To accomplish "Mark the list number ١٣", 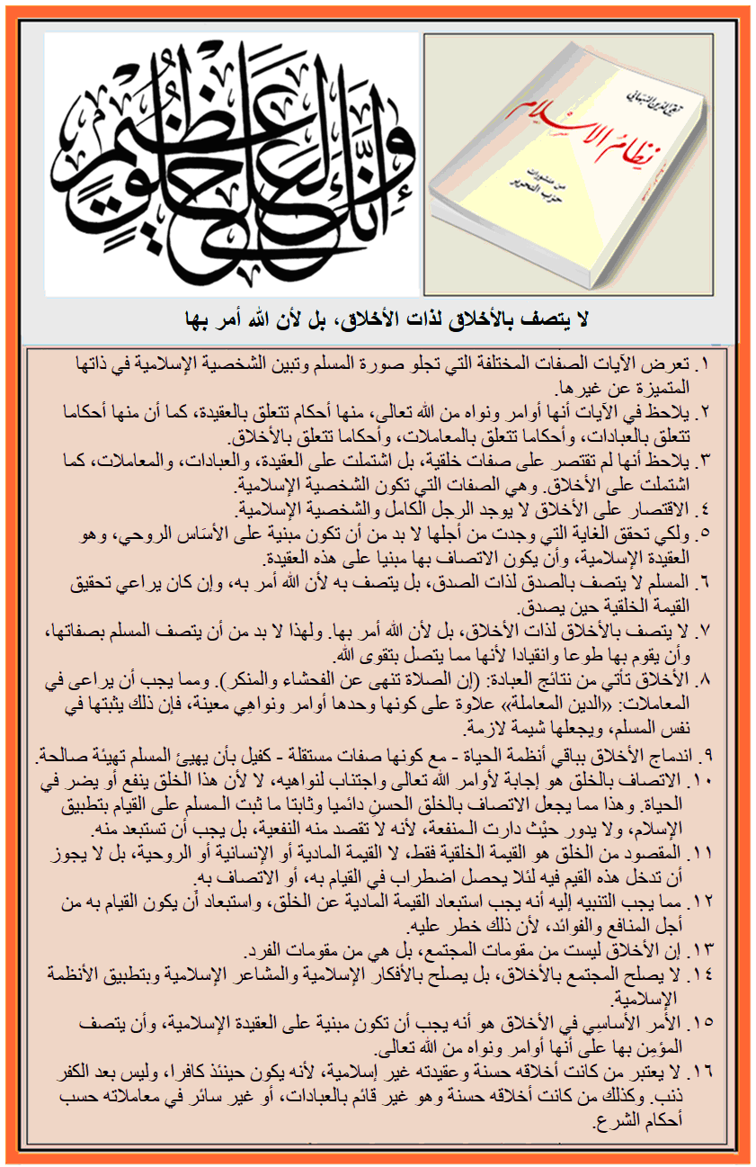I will point(700,951).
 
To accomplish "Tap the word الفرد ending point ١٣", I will point(269,951).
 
